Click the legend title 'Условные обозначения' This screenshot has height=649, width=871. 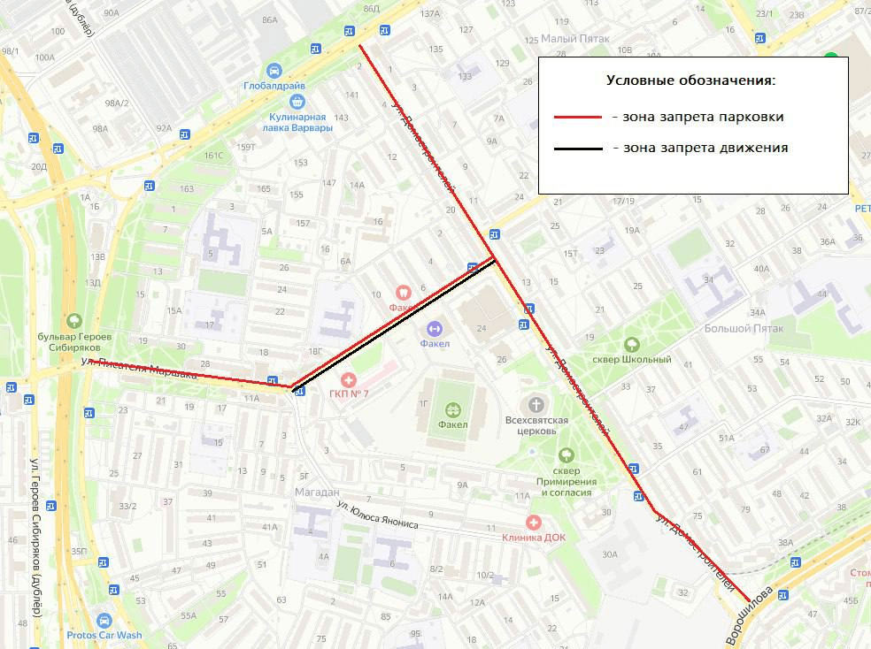(690, 80)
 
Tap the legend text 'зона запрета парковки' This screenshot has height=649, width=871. (697, 117)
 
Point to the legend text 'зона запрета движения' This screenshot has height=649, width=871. (699, 148)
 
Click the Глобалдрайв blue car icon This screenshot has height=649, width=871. (274, 71)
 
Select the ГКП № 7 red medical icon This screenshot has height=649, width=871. (347, 379)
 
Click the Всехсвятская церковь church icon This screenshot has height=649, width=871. (535, 404)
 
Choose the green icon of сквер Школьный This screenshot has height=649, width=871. (631, 345)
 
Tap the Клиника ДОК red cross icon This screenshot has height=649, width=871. (533, 523)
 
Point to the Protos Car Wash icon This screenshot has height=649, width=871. (104, 621)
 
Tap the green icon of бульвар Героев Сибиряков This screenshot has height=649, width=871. (74, 322)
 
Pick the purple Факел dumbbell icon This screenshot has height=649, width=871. (434, 329)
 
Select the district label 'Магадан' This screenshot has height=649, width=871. (316, 492)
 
